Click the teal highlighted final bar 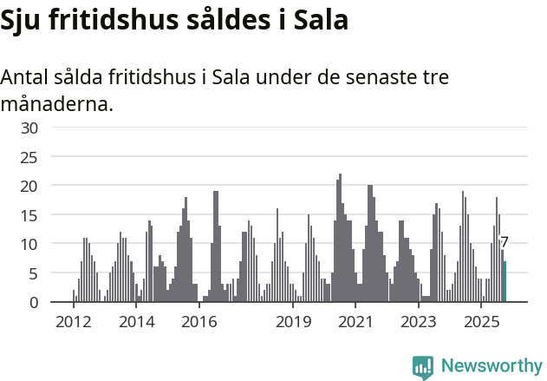point(505,282)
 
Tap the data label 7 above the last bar point(505,243)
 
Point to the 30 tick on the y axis point(30,128)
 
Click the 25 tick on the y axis point(30,157)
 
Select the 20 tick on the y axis point(30,186)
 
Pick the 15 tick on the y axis point(30,215)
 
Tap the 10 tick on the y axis point(30,244)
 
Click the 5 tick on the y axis point(34,273)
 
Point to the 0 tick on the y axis point(34,302)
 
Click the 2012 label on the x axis point(73,322)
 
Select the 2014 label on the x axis point(136,322)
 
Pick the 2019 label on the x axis point(294,322)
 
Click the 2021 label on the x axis point(356,322)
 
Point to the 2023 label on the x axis point(420,322)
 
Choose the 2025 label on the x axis point(482,322)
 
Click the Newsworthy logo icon point(423,366)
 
